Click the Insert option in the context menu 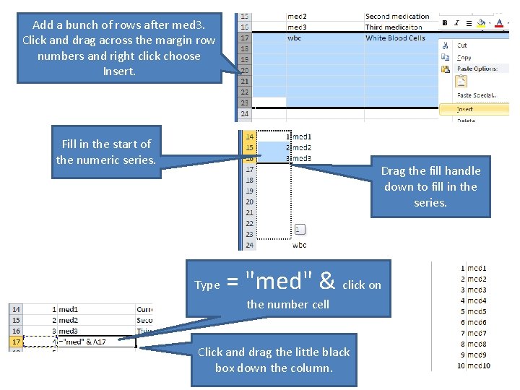click(465, 109)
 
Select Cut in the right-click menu click(462, 45)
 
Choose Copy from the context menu click(464, 57)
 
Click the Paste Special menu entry click(474, 95)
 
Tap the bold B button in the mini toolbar click(445, 23)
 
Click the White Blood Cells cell click(395, 38)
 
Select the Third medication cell click(394, 27)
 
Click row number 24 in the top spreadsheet click(244, 113)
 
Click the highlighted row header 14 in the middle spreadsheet click(249, 136)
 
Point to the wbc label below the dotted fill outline click(299, 245)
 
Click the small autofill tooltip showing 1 click(300, 230)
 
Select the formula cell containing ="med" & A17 click(94, 342)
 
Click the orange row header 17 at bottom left click(15, 342)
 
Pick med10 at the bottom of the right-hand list click(478, 365)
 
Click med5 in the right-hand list click(477, 311)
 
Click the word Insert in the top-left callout click(119, 71)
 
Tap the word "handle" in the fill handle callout click(463, 170)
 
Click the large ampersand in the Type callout click(326, 279)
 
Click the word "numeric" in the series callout click(105, 160)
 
